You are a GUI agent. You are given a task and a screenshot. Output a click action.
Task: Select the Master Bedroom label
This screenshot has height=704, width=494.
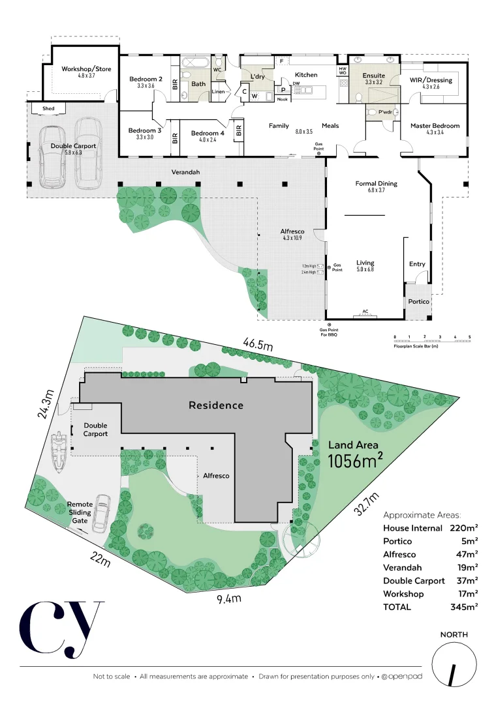tap(435, 125)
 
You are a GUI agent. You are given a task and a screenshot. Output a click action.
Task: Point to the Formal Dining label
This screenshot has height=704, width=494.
tap(376, 183)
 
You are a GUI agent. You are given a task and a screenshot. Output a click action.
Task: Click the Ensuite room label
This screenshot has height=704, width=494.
tap(374, 76)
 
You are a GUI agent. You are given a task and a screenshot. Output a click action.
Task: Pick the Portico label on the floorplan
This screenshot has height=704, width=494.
tap(418, 301)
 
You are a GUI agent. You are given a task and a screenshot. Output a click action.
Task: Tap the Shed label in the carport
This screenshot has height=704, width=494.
tap(48, 108)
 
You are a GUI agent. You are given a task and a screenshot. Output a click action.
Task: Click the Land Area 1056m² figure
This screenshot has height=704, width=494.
tap(354, 455)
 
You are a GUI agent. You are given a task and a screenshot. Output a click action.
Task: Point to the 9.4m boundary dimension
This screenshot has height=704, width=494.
tap(228, 598)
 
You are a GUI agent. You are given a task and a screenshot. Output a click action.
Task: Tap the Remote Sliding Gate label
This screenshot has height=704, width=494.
tap(80, 512)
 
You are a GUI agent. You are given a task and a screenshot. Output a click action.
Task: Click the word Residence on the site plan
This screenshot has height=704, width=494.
tap(216, 405)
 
